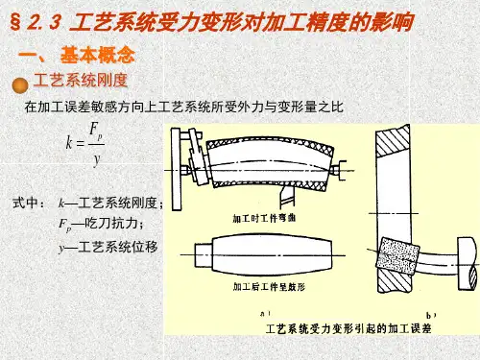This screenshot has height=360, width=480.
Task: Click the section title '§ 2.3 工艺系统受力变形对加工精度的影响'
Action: [211, 22]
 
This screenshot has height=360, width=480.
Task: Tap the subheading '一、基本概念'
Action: [77, 55]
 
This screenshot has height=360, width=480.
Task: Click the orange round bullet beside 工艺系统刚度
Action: [20, 85]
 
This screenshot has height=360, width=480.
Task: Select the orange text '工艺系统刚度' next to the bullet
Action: [81, 80]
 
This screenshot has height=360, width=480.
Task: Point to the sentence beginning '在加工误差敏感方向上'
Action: [183, 107]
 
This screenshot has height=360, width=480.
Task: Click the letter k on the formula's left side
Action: [69, 143]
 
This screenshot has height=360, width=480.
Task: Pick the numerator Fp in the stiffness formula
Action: [96, 132]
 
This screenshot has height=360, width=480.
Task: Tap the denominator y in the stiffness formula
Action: [96, 158]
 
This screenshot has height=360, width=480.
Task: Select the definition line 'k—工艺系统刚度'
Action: [110, 203]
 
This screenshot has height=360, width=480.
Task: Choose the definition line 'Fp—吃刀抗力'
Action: [101, 224]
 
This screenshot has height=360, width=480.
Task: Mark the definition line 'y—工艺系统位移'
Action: [108, 247]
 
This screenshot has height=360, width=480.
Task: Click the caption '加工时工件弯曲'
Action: [264, 219]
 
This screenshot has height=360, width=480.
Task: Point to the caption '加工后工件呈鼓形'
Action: [269, 287]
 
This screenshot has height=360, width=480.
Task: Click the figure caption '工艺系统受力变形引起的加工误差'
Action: [348, 328]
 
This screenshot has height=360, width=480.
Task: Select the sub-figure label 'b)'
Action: [431, 316]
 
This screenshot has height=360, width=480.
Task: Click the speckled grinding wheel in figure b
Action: [397, 255]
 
